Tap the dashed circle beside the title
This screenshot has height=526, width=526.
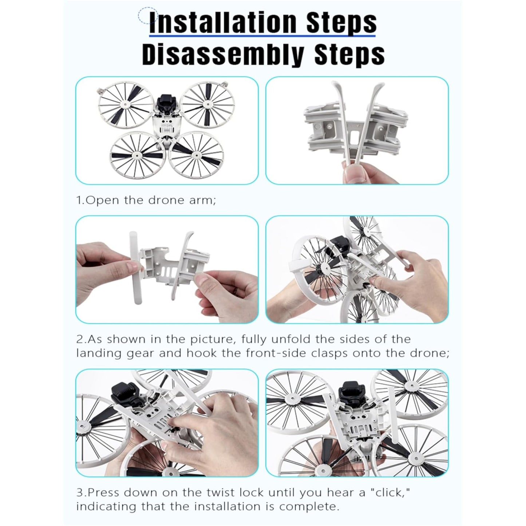pos(148,16)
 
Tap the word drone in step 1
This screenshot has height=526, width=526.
pos(166,200)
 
